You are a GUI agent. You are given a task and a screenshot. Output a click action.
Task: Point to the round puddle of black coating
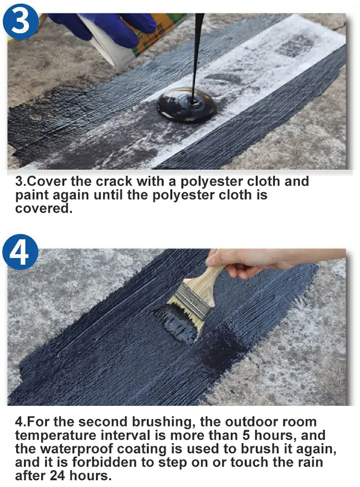pos(186,105)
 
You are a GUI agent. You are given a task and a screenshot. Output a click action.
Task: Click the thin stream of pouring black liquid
pos(198,50)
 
